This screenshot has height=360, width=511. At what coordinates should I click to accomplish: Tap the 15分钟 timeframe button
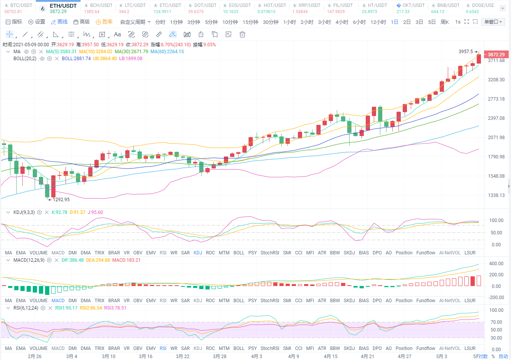pyautogui.click(x=250, y=22)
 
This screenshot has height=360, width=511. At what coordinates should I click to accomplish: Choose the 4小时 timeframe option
pyautogui.click(x=342, y=22)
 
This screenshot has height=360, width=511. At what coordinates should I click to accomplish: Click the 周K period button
pyautogui.click(x=445, y=22)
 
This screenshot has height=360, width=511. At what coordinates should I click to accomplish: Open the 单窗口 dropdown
pyautogui.click(x=493, y=22)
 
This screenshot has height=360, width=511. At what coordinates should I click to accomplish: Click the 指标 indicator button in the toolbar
pyautogui.click(x=14, y=22)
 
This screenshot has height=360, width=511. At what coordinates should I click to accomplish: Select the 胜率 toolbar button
pyautogui.click(x=104, y=22)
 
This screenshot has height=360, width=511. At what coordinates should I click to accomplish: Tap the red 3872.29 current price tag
pyautogui.click(x=496, y=55)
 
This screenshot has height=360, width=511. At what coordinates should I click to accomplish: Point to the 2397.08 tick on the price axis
pyautogui.click(x=496, y=118)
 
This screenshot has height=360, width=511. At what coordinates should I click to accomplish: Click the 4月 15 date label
pyautogui.click(x=331, y=356)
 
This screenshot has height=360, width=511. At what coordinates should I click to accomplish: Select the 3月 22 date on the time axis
pyautogui.click(x=183, y=356)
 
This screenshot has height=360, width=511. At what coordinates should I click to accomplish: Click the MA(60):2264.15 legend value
pyautogui.click(x=167, y=51)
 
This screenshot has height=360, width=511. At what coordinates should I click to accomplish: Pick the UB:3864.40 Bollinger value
pyautogui.click(x=105, y=58)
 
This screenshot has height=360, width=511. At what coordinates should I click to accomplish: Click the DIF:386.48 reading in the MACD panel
pyautogui.click(x=72, y=260)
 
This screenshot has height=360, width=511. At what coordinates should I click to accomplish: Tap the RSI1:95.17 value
pyautogui.click(x=66, y=308)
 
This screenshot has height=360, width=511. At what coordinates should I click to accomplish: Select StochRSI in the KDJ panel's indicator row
pyautogui.click(x=270, y=253)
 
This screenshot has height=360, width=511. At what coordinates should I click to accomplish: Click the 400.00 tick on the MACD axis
pyautogui.click(x=496, y=264)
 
